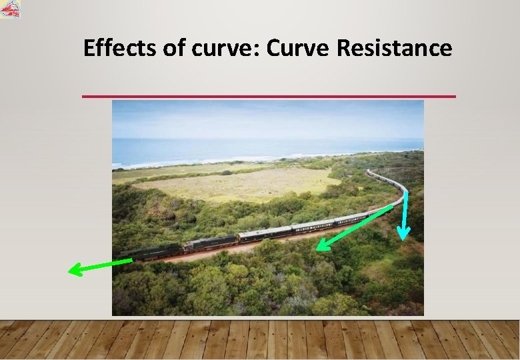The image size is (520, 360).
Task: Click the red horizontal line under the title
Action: [269, 97]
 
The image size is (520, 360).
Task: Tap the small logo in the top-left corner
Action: [10, 9]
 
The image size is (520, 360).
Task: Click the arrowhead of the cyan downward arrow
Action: [403, 234]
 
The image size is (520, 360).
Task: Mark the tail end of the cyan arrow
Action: [405, 194]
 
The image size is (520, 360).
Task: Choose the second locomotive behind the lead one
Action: [210, 241]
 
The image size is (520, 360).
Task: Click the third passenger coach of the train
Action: [350, 218]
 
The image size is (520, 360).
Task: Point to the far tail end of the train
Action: [368, 171]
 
